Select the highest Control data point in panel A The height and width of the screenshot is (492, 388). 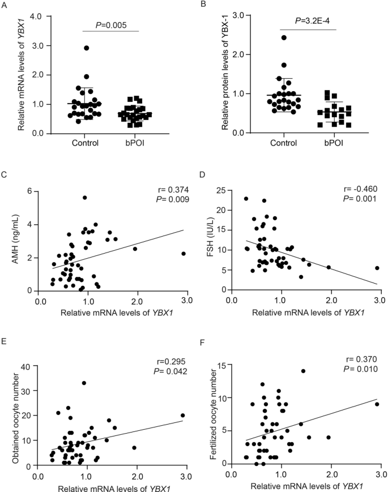86,48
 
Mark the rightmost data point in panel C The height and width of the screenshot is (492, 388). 184,254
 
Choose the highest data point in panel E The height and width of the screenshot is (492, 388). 84,383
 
